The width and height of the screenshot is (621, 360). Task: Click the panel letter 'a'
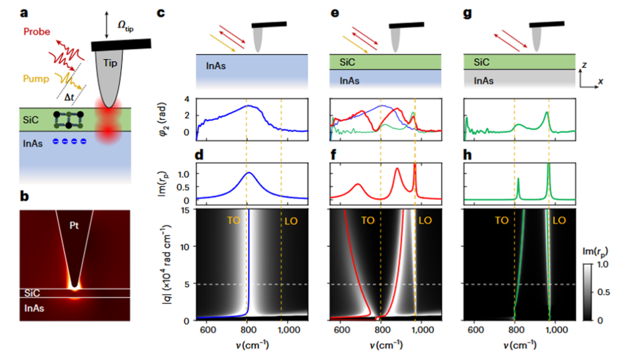24,13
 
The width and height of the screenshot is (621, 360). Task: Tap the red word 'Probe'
37,32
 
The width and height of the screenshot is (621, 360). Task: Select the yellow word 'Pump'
36,79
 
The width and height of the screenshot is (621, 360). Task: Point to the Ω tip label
126,26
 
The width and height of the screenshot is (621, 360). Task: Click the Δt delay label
69,97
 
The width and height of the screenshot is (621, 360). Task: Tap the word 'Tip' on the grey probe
110,63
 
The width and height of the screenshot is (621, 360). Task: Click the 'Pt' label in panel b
74,225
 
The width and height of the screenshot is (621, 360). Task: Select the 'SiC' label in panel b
32,293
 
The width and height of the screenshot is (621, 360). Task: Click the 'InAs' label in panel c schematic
216,66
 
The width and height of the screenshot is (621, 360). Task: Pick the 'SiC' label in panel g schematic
482,62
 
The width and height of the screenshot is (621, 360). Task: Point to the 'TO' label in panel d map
233,221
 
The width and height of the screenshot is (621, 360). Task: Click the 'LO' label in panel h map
559,221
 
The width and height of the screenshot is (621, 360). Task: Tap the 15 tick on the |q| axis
186,210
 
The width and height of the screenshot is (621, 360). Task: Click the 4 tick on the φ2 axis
187,99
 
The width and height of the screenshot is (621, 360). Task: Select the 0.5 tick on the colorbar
603,292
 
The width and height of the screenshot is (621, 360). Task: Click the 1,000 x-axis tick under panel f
423,330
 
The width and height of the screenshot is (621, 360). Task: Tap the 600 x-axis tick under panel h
475,330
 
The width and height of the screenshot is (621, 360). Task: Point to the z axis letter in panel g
585,65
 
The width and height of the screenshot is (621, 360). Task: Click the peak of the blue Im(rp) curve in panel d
249,173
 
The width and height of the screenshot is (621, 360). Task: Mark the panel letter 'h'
468,155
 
